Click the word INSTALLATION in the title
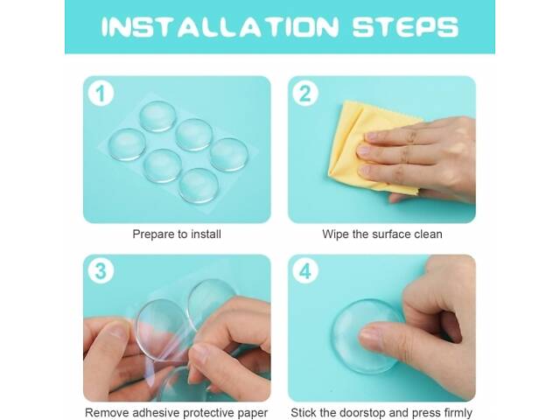click(220, 27)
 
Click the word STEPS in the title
click(405, 27)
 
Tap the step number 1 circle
click(101, 94)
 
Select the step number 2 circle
click(305, 94)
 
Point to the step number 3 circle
click(101, 271)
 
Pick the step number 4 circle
click(305, 271)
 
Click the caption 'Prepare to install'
click(177, 234)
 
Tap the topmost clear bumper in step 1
click(157, 116)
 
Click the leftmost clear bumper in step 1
click(127, 144)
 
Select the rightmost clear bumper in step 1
click(229, 155)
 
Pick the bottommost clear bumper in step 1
click(199, 185)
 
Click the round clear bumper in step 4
click(364, 336)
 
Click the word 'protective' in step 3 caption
click(207, 413)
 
